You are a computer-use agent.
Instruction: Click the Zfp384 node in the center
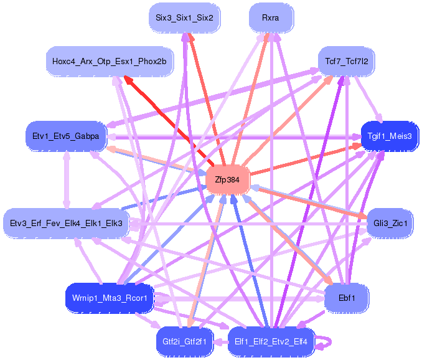tap(227, 179)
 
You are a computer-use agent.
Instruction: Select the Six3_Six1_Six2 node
tap(185, 18)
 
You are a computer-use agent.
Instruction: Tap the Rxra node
tap(271, 18)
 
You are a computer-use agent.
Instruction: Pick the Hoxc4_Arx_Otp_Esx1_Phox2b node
tap(110, 62)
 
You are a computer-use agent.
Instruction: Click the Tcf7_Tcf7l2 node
tap(346, 62)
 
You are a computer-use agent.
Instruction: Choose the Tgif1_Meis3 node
tap(390, 136)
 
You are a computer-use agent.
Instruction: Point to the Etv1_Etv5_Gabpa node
tap(66, 136)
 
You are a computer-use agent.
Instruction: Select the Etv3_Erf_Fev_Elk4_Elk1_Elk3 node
tap(66, 223)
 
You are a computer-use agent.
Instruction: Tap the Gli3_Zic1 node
tap(390, 223)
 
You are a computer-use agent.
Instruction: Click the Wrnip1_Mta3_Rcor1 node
tap(110, 298)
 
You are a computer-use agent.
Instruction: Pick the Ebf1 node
tap(347, 298)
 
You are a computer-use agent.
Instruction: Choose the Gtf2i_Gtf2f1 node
tap(185, 342)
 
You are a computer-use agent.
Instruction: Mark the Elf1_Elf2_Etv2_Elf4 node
tap(271, 342)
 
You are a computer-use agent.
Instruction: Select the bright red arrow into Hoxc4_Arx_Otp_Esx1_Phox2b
tap(169, 120)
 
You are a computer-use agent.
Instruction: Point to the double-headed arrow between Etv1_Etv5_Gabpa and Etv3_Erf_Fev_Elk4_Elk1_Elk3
tap(67, 180)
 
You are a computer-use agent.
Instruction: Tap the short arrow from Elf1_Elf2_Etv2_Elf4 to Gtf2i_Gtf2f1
tap(221, 342)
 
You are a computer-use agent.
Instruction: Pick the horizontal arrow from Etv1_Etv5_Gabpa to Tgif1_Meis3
tap(234, 137)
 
